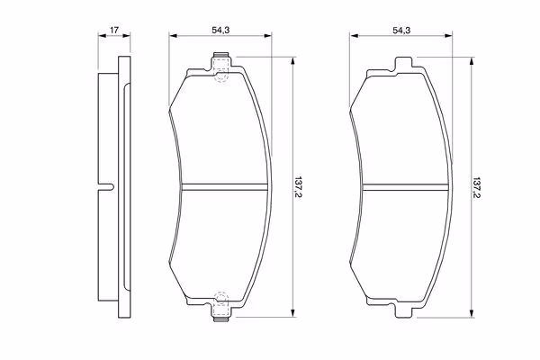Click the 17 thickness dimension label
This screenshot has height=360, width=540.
click(x=114, y=30)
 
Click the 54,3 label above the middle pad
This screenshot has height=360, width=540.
click(x=220, y=30)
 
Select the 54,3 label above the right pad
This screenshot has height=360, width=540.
click(x=401, y=30)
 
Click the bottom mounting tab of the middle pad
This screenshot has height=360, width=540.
click(x=221, y=310)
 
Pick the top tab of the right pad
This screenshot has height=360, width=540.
click(x=402, y=65)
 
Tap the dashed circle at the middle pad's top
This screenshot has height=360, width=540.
click(x=221, y=76)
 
